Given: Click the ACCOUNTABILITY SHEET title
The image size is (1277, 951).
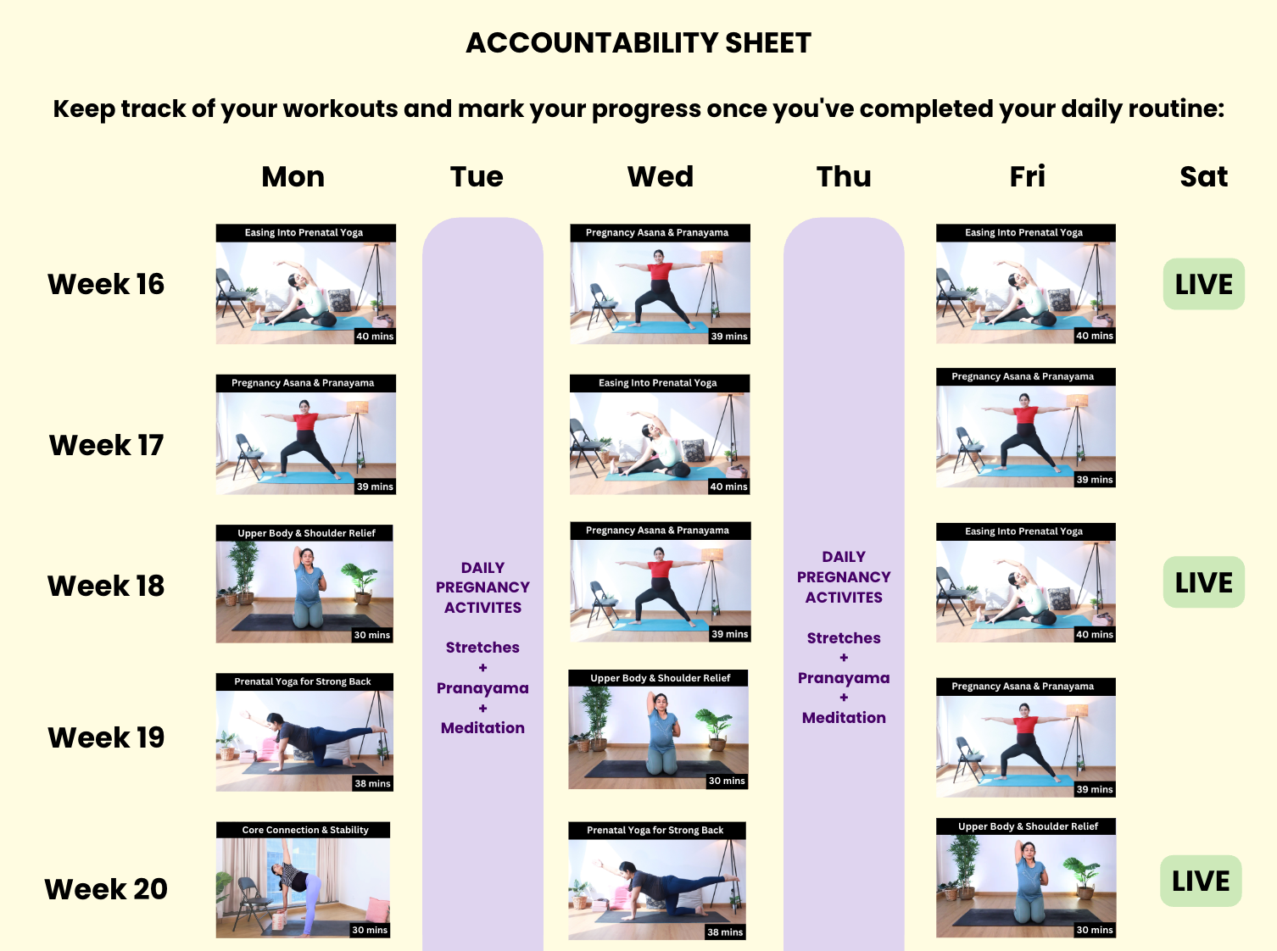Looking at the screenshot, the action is (638, 43).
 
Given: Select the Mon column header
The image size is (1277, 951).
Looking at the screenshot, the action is (293, 176).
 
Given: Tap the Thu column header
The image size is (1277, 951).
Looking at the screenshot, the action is (844, 176).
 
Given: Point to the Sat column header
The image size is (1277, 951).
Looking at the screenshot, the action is (1203, 176).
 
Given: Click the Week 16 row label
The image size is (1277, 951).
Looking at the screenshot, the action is (106, 284).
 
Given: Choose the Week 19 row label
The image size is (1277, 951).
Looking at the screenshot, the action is (106, 737).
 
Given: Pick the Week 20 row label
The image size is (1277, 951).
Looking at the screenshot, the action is (106, 889).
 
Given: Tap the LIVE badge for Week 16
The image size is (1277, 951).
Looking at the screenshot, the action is (1203, 284).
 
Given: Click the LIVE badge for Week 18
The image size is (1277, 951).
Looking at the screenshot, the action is (1203, 582).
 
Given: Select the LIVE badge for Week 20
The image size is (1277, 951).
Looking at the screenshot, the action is (1201, 881).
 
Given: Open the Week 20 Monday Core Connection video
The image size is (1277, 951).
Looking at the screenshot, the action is (303, 880).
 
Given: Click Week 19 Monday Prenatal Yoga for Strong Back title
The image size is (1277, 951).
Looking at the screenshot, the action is (303, 681).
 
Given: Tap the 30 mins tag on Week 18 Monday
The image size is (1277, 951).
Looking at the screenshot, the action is (372, 635).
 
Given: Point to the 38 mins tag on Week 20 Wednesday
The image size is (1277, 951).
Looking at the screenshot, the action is (725, 932).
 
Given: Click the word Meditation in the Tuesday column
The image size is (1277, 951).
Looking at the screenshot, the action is (482, 727).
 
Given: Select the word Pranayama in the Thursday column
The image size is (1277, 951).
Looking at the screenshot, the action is (844, 678).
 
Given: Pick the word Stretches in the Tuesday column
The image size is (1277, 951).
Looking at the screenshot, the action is (482, 647).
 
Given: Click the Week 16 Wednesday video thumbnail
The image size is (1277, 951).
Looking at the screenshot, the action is (660, 284).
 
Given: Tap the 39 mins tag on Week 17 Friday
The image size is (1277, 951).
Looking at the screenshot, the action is (1095, 480).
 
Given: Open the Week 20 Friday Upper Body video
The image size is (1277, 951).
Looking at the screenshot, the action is (1026, 878).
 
